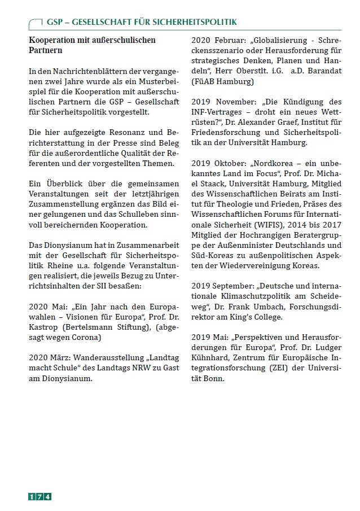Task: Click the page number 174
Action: (40, 496)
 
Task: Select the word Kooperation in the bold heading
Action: (54, 41)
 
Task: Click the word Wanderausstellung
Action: (108, 358)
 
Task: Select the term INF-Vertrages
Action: (217, 112)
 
